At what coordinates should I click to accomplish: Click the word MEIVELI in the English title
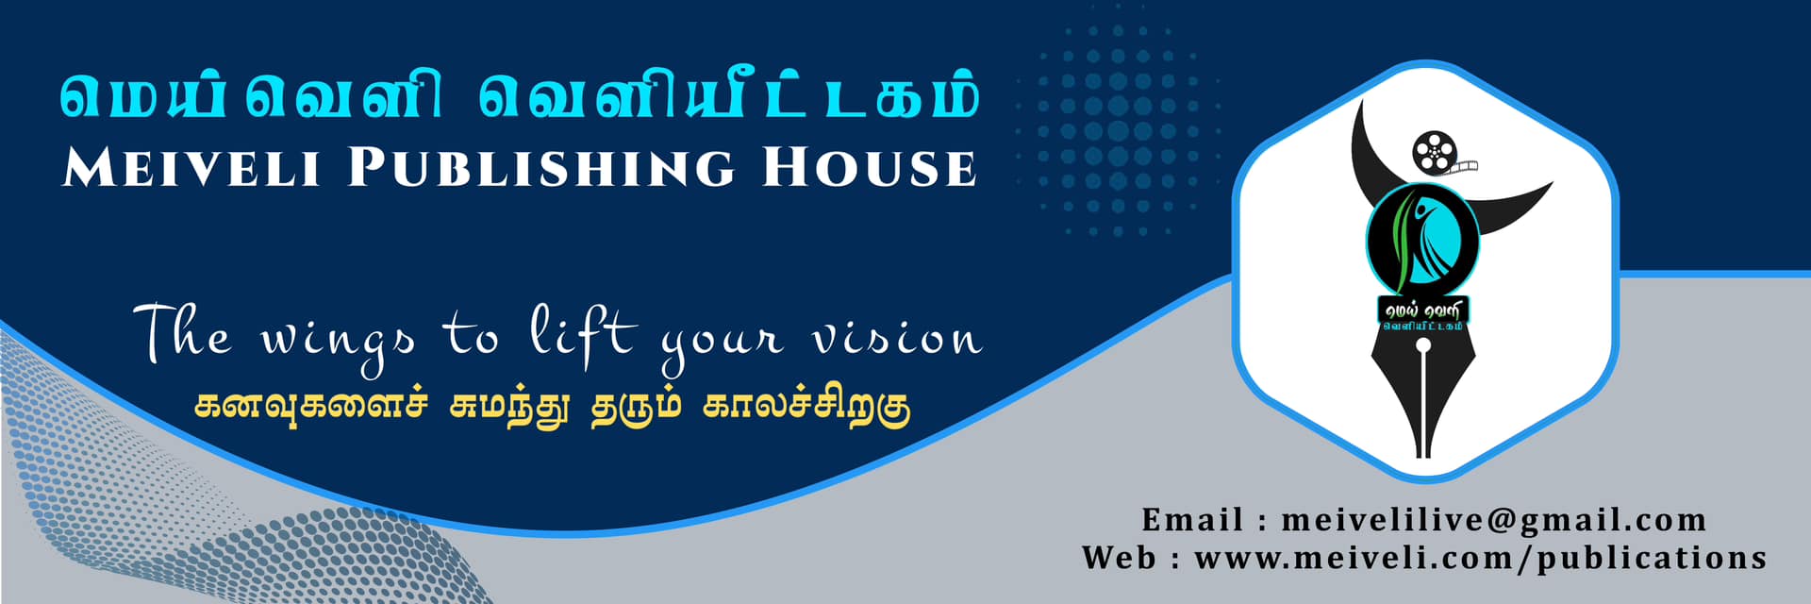(x=191, y=167)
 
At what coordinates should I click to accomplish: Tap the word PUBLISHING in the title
(x=541, y=167)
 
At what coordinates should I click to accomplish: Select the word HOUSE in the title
(x=869, y=167)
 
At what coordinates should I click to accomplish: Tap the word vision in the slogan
(x=897, y=338)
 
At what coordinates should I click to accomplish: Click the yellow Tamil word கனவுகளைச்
(x=311, y=406)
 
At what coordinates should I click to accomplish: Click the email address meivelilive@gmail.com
(x=1494, y=520)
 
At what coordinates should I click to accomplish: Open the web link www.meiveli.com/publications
(x=1481, y=558)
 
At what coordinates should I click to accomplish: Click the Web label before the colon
(x=1119, y=558)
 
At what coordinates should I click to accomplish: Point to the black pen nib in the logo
(x=1423, y=396)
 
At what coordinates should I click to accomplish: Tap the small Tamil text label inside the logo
(x=1423, y=314)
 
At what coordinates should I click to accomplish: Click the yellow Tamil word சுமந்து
(x=509, y=407)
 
